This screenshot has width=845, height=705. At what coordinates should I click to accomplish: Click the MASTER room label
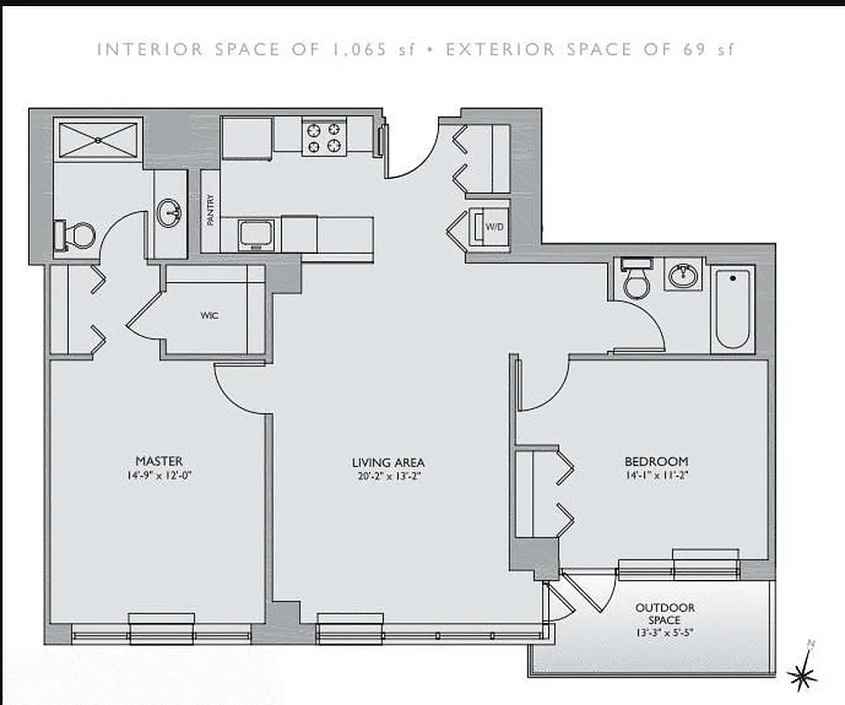(159, 461)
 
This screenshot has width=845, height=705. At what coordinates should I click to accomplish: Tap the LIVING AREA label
(389, 462)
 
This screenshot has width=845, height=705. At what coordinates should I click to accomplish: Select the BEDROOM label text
(656, 461)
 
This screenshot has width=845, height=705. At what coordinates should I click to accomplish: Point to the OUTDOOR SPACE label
(665, 613)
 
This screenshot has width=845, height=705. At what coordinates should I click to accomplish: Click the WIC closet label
(209, 314)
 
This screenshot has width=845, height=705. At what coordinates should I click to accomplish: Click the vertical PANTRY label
(211, 210)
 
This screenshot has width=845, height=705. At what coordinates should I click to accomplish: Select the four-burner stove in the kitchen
(322, 137)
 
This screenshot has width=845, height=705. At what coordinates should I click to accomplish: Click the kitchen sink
(258, 234)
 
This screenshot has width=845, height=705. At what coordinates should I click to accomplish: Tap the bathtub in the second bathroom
(732, 309)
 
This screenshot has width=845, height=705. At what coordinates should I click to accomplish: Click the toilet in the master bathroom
(78, 234)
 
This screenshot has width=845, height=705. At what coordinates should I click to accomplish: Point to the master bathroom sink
(170, 211)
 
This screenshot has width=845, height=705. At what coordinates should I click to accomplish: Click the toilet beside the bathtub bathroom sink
(634, 278)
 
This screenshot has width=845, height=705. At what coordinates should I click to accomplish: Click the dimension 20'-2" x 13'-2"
(389, 477)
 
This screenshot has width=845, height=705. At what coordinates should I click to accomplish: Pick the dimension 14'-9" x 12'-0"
(159, 477)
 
